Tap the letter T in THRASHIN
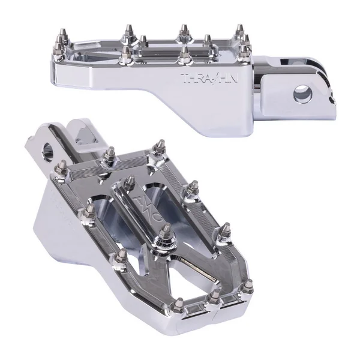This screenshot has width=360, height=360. pos(184,77)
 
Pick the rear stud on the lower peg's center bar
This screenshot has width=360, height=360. pos(129,181)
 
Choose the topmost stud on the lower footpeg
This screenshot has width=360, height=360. pos(161,146)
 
